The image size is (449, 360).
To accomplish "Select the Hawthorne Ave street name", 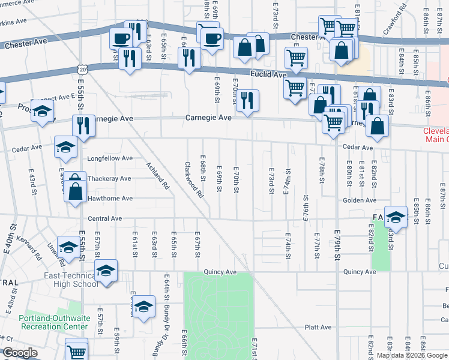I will click(110, 198).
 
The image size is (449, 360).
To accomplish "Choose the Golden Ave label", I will click(360, 200).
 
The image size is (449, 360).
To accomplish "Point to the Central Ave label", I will click(105, 219).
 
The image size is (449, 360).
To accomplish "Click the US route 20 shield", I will click(82, 70).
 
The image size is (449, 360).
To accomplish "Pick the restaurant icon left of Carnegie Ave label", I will click(83, 125).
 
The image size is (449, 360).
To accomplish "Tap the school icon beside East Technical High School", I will click(106, 271).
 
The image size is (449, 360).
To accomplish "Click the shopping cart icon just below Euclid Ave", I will click(295, 88).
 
